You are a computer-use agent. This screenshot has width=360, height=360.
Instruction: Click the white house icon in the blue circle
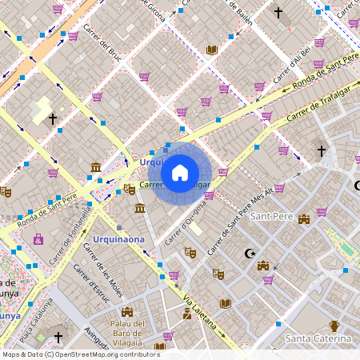[180, 172]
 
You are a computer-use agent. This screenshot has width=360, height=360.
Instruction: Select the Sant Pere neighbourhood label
[270, 216]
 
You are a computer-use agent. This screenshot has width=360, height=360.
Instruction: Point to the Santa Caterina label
[318, 339]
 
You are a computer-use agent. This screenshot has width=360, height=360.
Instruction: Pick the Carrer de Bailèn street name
[239, 12]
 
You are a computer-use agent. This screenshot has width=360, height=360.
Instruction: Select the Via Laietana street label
[200, 314]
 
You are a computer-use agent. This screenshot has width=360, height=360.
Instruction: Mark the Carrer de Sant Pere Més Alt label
[240, 221]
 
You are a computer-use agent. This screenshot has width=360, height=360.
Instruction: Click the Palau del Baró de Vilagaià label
[128, 333]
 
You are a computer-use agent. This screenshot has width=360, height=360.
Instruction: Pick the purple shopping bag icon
[38, 238]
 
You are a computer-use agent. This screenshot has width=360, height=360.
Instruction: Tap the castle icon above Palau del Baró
[127, 311]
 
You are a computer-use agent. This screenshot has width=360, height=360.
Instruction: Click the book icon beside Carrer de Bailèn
[211, 50]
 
